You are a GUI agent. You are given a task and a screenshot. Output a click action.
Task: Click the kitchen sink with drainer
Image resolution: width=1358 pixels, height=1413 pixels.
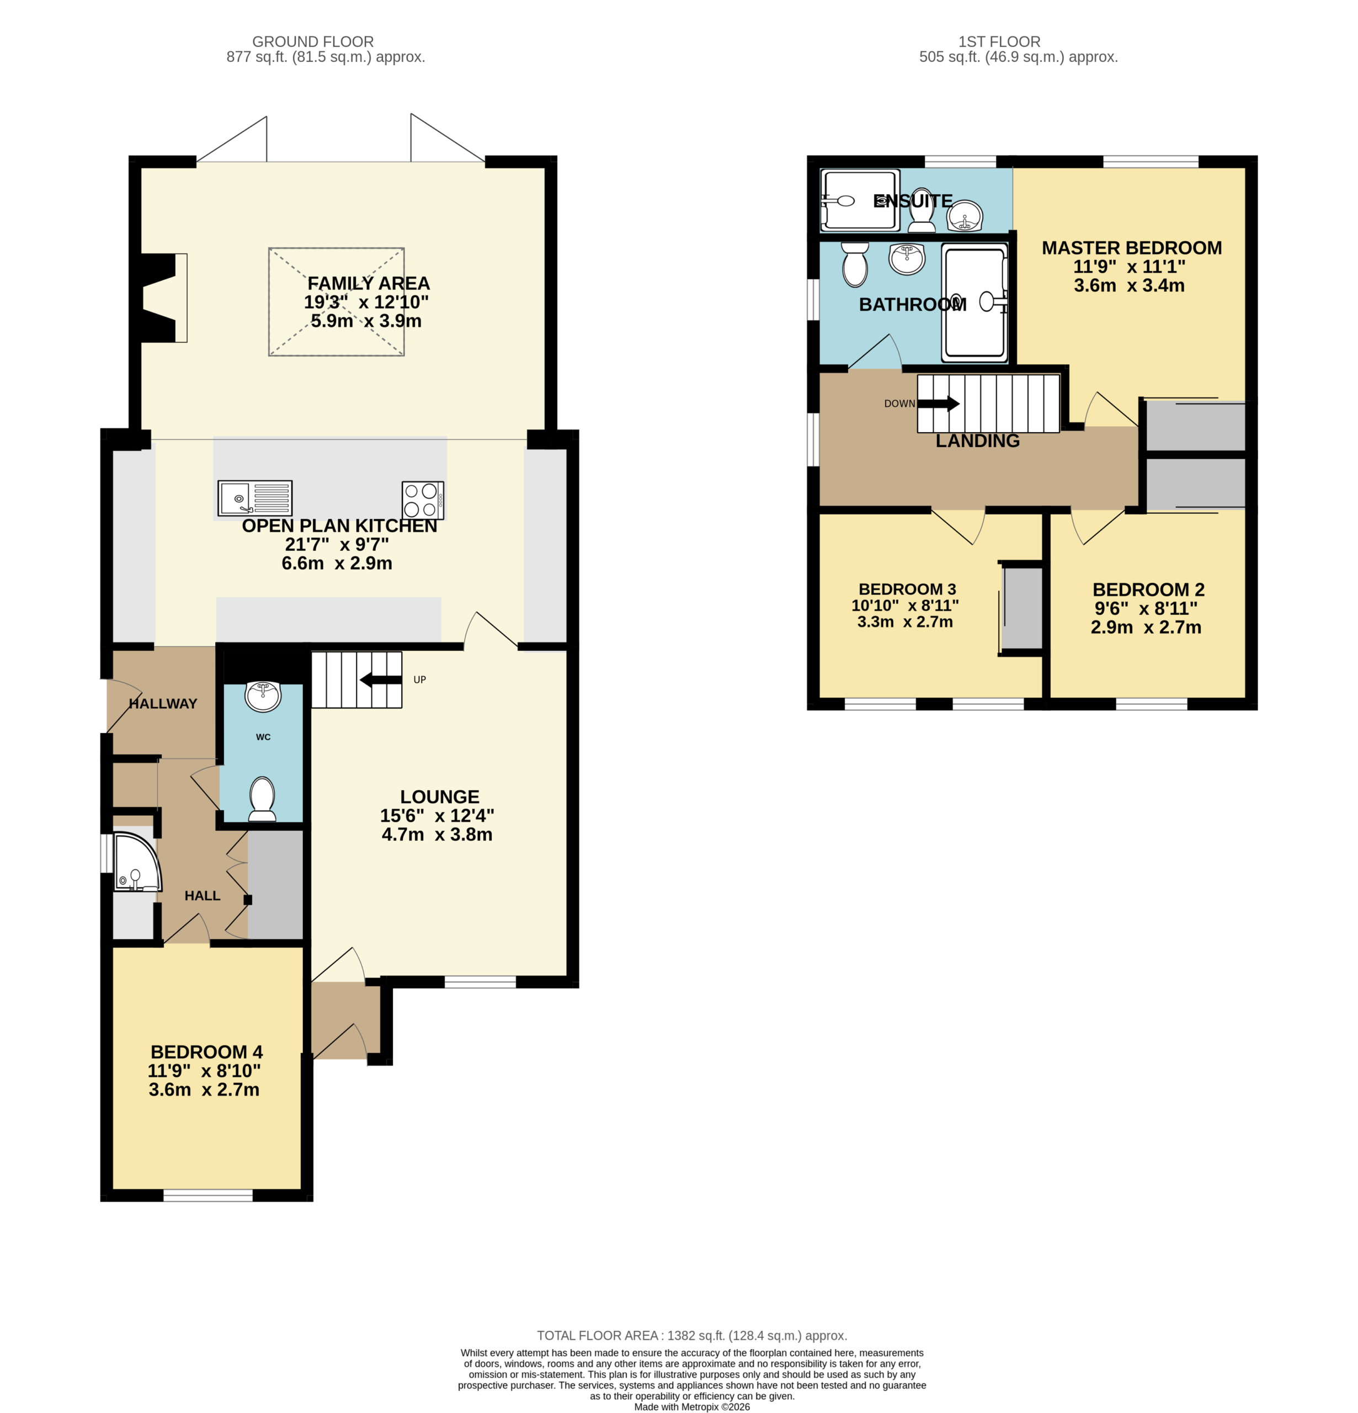[x=255, y=497]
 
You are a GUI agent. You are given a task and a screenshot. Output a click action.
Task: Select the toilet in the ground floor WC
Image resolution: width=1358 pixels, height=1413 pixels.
[x=262, y=799]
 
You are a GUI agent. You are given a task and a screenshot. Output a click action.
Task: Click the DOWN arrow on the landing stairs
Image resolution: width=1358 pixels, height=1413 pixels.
[x=938, y=403]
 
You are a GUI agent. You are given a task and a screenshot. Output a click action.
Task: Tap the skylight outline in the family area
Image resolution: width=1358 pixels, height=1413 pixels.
[x=337, y=302]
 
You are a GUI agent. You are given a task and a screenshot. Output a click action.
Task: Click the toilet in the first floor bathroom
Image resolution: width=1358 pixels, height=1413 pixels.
[x=855, y=264]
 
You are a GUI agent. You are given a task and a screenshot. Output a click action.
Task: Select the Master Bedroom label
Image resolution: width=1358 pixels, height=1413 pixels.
[x=1132, y=248]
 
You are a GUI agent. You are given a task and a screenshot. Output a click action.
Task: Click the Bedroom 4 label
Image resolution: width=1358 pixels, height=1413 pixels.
[x=207, y=1052]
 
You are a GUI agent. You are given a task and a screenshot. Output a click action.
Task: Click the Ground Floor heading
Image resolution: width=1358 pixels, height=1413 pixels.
[x=313, y=42]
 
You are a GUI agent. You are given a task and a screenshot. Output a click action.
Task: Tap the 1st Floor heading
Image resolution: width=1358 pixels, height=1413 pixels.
[x=999, y=42]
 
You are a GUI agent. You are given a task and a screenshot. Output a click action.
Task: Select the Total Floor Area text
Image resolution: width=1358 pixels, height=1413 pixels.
[x=692, y=1336]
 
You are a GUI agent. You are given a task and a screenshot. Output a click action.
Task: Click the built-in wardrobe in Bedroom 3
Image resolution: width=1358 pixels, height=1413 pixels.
[x=1022, y=608]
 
